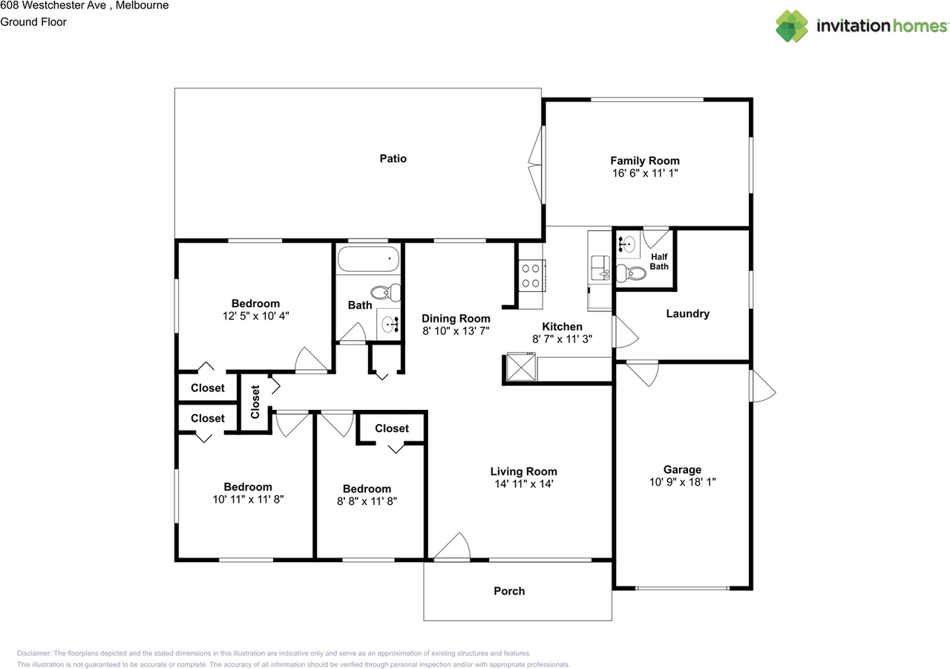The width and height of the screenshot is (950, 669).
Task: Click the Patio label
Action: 393,159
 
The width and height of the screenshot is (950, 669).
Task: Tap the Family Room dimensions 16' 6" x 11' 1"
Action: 645,173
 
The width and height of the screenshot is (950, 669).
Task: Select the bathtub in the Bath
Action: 367,259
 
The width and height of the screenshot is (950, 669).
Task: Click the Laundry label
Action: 687,313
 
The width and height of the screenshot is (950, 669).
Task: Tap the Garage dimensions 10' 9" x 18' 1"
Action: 682,482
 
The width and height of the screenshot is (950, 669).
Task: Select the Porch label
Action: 509,591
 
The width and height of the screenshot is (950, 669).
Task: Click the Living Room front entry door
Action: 452,546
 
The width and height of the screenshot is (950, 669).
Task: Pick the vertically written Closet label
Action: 255,402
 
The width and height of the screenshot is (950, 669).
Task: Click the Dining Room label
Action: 456,319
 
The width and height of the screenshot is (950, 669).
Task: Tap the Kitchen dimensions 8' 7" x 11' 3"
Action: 562,339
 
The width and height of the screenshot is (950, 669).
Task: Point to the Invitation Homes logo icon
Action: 791,26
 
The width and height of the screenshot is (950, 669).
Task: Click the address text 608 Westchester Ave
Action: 54,5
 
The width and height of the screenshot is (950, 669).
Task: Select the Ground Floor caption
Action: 33,22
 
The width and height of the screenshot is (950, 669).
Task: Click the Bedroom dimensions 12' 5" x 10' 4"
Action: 256,316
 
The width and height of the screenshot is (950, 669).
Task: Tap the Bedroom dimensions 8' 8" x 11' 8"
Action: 367,501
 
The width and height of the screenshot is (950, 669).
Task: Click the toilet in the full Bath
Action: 385,292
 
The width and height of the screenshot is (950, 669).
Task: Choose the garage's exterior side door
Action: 763,386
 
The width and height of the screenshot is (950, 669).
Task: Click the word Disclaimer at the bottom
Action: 34,653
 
